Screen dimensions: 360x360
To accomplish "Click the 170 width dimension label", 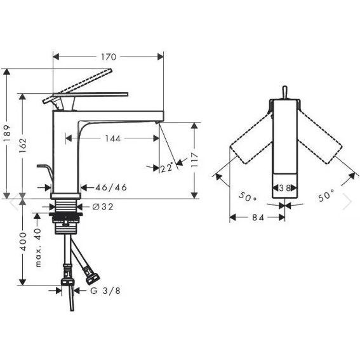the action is [109, 57].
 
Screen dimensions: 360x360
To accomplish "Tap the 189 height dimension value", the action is [7, 133].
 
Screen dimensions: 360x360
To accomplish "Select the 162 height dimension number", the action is [23, 146].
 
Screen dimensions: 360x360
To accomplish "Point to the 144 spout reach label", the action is [112, 138].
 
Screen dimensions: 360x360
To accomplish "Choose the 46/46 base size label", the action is [111, 187].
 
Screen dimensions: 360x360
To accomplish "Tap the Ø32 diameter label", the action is [103, 207].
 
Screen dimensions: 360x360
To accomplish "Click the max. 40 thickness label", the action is [38, 248].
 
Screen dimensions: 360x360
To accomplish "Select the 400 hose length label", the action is [23, 241].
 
